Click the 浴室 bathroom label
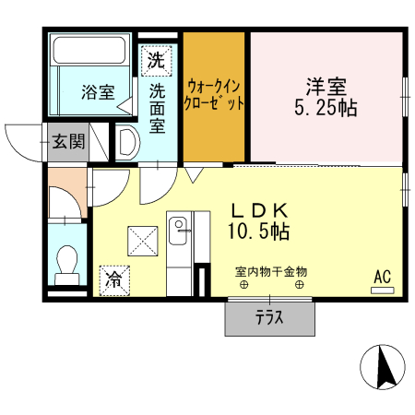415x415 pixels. tap(97, 92)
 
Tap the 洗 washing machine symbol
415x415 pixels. tap(156, 62)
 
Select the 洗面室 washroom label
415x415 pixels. tap(157, 106)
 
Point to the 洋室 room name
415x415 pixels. tap(326, 86)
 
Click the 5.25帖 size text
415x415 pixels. tap(326, 107)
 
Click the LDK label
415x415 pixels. tap(259, 208)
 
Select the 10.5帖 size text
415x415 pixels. tap(259, 231)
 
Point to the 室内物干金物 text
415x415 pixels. tap(270, 272)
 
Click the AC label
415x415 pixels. tap(382, 275)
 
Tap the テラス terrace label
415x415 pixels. tap(268, 320)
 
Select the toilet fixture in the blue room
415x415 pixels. tap(66, 267)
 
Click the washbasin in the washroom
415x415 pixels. tap(127, 142)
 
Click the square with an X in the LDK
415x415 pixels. tap(144, 243)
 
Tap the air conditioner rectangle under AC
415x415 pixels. tap(382, 290)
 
